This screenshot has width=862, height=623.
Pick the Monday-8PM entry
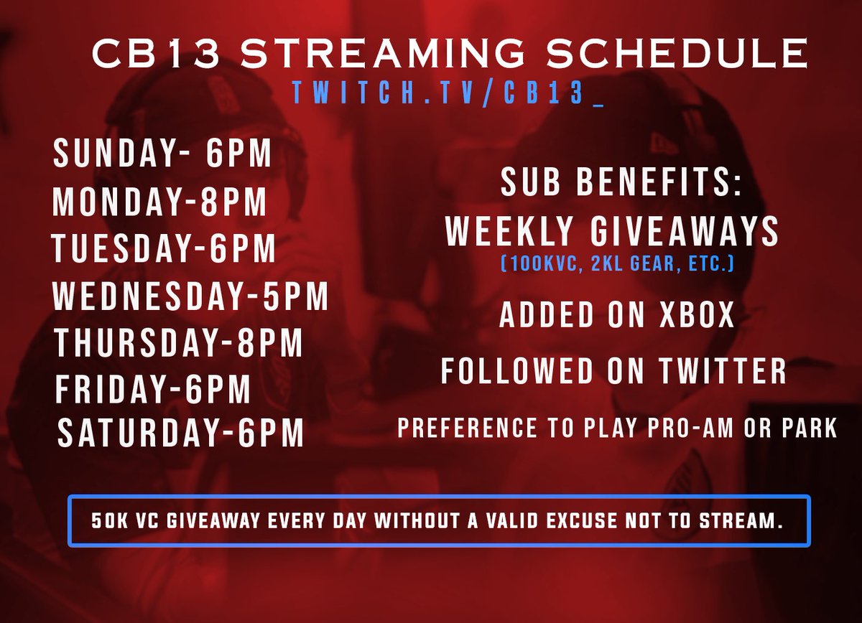click(159, 203)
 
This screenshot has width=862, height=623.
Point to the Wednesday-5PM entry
click(190, 296)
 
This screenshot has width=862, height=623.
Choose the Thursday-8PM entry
click(177, 343)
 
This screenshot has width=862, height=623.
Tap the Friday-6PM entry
click(153, 390)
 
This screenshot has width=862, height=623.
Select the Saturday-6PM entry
click(180, 435)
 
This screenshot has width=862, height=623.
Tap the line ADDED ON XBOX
click(617, 317)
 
